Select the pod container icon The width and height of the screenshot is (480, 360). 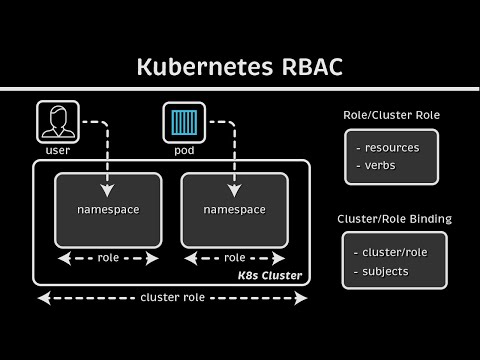[183, 121]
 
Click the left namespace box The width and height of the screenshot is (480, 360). [108, 210]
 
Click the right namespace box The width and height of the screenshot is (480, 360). [234, 210]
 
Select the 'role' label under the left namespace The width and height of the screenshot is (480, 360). [108, 257]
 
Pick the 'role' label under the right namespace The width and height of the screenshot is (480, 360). [234, 257]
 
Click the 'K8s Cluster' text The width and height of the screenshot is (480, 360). [270, 275]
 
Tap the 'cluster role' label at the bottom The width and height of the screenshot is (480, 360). [173, 298]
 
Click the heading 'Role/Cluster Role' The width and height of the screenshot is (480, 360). [391, 115]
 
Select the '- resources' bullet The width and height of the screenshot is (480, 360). [387, 147]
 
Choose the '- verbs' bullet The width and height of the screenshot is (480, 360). [376, 167]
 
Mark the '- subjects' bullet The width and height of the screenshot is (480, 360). [384, 270]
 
